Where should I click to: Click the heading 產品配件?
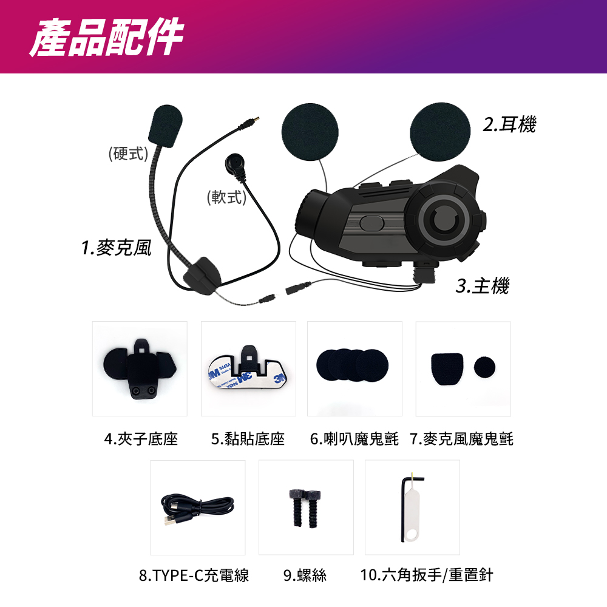pos(106,37)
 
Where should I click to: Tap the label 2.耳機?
pos(509,124)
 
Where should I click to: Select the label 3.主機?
pos(483,286)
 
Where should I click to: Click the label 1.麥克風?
pos(116,248)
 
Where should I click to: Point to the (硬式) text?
pos(128,154)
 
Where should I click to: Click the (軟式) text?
pos(226,197)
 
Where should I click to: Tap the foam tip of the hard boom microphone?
pos(165,126)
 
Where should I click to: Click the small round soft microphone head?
pos(235,164)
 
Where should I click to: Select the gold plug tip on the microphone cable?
pos(256,119)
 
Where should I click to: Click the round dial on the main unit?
pos(443,219)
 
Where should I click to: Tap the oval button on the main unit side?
pos(371,223)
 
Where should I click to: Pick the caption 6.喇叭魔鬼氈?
pos(354,439)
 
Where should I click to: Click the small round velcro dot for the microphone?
pos(484,367)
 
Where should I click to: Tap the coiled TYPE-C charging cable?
pos(197,508)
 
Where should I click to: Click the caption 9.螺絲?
pos(305,575)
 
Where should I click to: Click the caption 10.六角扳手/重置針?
pos(427,575)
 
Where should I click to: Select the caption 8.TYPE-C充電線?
pos(194,575)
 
